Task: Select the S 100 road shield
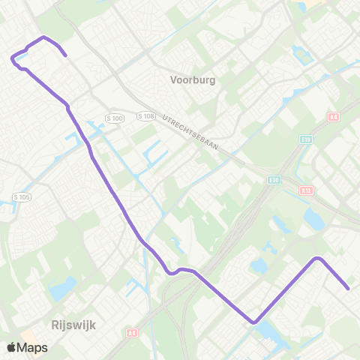click(x=114, y=118)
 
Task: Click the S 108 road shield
click(x=146, y=116)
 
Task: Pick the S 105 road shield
click(x=20, y=196)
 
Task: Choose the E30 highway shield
click(x=274, y=180)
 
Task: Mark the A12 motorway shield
click(x=306, y=190)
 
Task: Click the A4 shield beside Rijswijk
click(x=133, y=331)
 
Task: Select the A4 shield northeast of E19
click(x=334, y=117)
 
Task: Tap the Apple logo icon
click(x=12, y=348)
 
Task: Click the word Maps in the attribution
click(x=33, y=348)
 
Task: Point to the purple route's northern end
click(x=66, y=55)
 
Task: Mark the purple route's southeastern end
click(x=349, y=287)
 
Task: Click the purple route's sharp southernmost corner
click(x=254, y=322)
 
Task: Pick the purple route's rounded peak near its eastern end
click(x=318, y=258)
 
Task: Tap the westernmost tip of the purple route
click(x=11, y=57)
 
